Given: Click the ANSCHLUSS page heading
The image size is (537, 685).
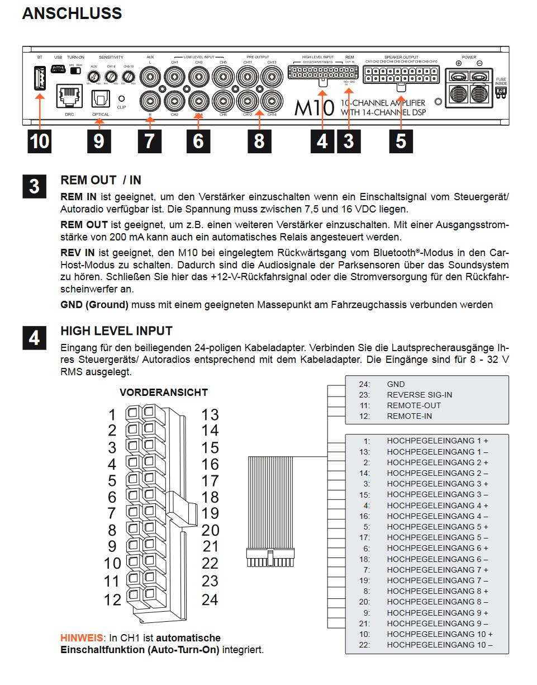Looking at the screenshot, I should (72, 14).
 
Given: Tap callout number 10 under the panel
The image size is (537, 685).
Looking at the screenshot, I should (40, 141).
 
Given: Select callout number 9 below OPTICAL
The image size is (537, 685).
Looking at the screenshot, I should (98, 141).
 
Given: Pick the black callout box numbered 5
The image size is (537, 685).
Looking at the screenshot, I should (401, 141).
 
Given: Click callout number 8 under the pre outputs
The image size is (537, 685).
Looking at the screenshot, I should (259, 141).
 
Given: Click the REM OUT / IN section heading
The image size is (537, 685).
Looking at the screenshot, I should (101, 180).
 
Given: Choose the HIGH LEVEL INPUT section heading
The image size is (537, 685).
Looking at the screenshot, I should (116, 330).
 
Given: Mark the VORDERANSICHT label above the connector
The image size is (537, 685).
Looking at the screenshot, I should (163, 393).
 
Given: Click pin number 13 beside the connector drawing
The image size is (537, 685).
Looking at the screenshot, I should (210, 415).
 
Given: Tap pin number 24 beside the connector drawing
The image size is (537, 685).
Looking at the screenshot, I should (210, 600).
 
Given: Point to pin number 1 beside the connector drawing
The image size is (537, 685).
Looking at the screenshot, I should (112, 415).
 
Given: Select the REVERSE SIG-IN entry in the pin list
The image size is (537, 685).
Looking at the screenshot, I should (419, 395).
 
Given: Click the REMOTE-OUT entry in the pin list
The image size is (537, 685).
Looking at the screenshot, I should (414, 405).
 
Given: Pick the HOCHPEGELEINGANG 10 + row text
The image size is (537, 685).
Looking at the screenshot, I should (439, 634).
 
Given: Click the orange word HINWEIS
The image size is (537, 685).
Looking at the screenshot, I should (81, 637).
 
